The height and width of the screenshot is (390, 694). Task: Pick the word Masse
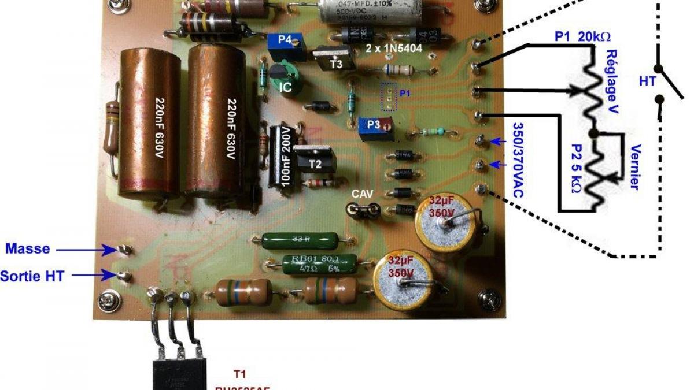tap(28, 249)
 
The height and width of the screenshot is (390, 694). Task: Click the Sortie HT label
tap(32, 276)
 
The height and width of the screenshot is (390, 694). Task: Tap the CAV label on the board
tap(364, 195)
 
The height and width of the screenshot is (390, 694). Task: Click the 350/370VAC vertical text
tap(518, 159)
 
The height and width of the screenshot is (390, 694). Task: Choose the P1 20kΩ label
tap(582, 37)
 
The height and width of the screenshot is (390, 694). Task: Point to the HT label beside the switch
tap(647, 82)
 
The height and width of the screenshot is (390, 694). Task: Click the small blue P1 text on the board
tap(405, 92)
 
